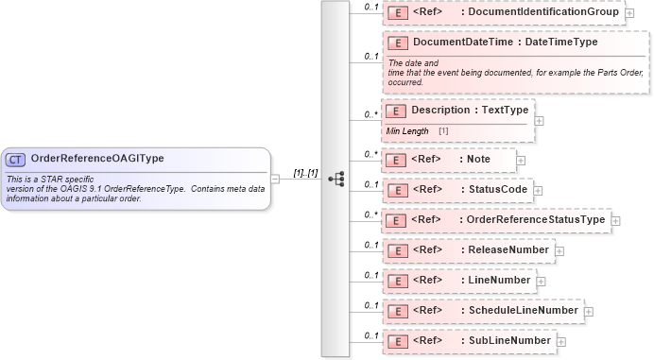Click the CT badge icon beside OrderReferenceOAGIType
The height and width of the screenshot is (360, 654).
(16, 159)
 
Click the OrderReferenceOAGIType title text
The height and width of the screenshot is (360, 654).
(96, 159)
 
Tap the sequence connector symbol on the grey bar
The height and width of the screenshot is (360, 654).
(335, 179)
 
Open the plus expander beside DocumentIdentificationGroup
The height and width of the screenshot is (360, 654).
(629, 14)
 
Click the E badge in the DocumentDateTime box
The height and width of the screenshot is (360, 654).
(397, 43)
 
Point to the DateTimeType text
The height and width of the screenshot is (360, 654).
(560, 43)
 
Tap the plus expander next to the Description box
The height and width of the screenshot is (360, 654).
(539, 120)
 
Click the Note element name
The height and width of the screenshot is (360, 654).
(479, 160)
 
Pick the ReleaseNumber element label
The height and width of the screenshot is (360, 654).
(508, 250)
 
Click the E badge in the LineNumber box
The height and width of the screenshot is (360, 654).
(397, 280)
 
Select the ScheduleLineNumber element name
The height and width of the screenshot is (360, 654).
(524, 310)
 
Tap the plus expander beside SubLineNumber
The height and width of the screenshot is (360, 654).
(560, 341)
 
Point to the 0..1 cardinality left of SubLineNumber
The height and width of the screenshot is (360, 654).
(371, 334)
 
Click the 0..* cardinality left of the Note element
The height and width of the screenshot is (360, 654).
(371, 153)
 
